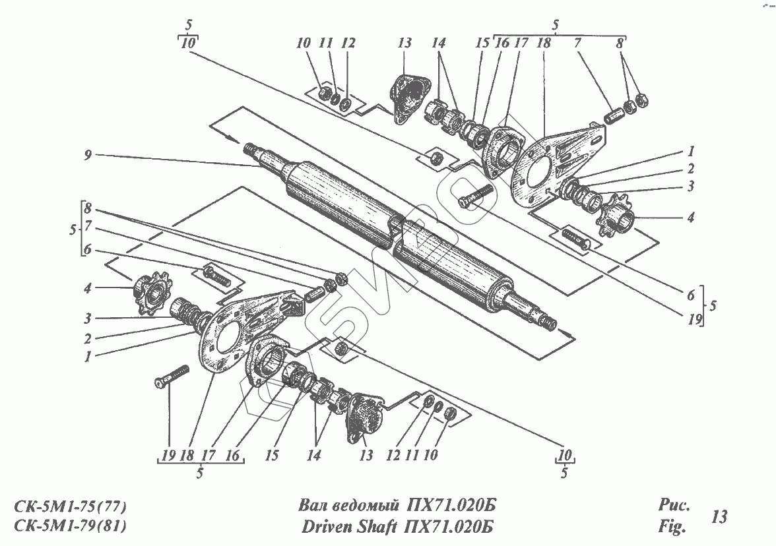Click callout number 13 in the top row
(404, 44)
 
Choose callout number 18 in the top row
(544, 44)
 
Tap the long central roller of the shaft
(389, 224)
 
